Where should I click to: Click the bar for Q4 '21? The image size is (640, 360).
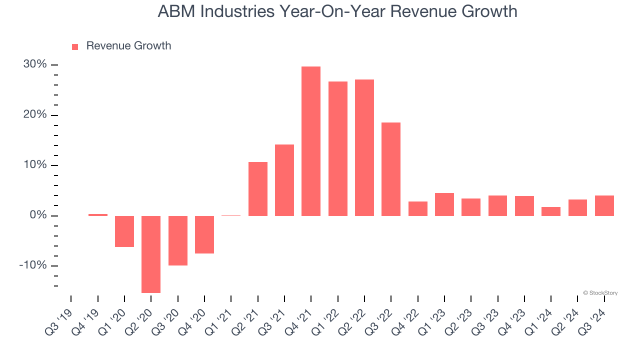pyautogui.click(x=311, y=141)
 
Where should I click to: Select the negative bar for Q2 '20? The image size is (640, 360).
pyautogui.click(x=151, y=254)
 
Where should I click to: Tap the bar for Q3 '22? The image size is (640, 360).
pyautogui.click(x=391, y=169)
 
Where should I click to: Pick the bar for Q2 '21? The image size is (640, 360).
pyautogui.click(x=258, y=189)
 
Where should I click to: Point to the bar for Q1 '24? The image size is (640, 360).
pyautogui.click(x=551, y=211)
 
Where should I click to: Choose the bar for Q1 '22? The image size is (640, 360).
pyautogui.click(x=338, y=148)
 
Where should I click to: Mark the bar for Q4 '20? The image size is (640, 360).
pyautogui.click(x=204, y=234)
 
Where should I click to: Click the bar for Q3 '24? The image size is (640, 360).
pyautogui.click(x=604, y=205)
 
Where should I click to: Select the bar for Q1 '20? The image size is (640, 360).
pyautogui.click(x=124, y=231)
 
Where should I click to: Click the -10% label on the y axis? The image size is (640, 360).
pyautogui.click(x=33, y=265)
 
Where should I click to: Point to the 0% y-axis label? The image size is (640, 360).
pyautogui.click(x=38, y=215)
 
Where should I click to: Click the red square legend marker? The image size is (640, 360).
pyautogui.click(x=75, y=46)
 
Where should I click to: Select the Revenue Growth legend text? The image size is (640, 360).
pyautogui.click(x=128, y=46)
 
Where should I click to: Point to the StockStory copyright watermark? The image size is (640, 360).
pyautogui.click(x=600, y=293)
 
